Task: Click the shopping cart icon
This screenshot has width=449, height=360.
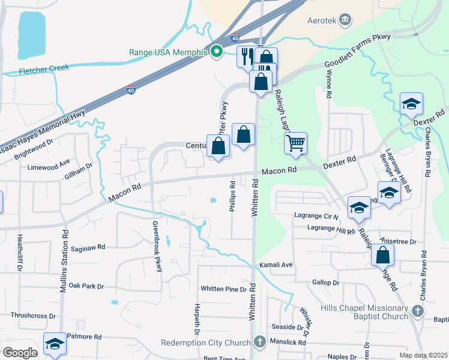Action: tap(295, 143)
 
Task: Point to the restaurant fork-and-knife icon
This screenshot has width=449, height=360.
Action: tap(246, 56)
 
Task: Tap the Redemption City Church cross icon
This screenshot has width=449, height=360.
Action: tap(259, 342)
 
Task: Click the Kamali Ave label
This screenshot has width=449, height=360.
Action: tap(276, 265)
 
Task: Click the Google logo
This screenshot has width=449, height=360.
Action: tap(19, 352)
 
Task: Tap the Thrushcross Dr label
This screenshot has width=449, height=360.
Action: tap(32, 315)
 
